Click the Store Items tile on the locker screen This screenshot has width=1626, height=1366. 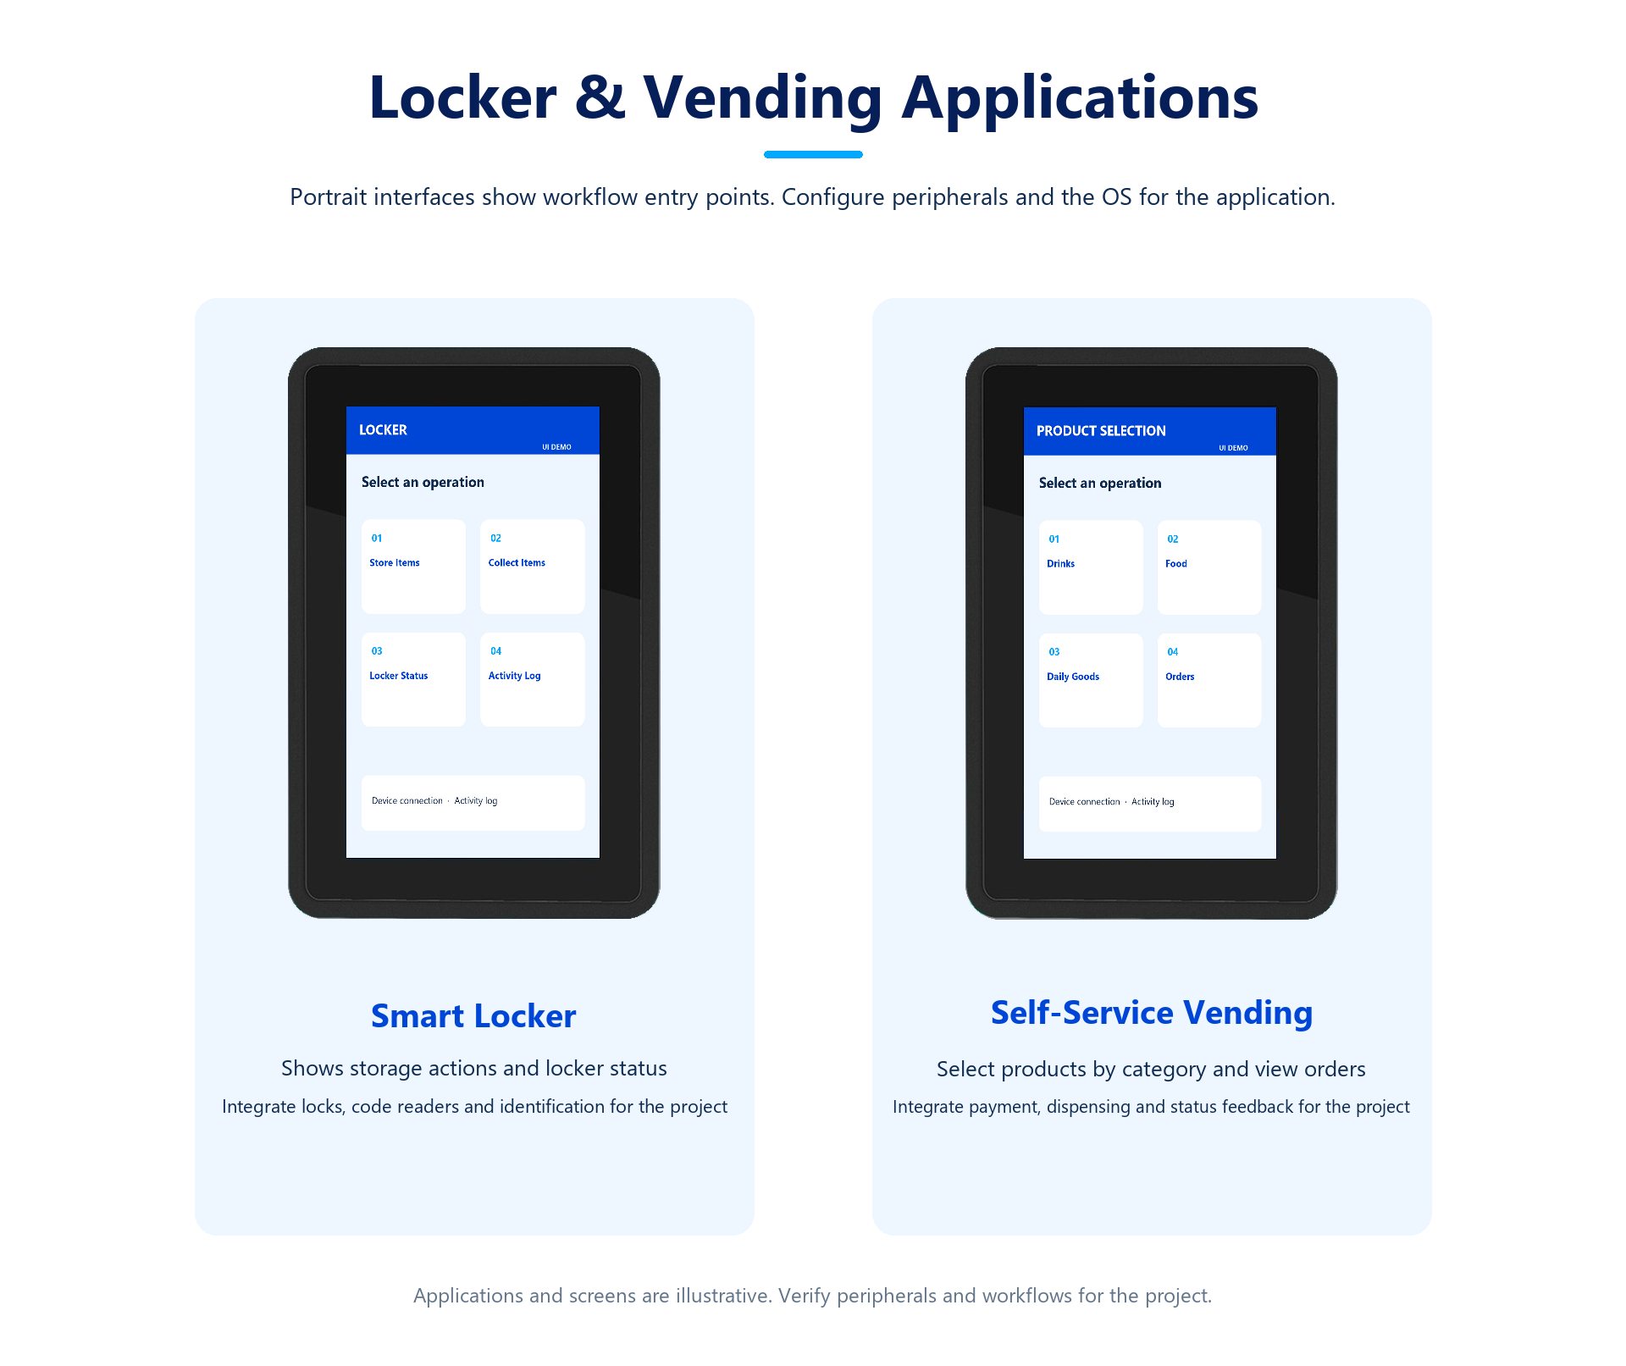coord(413,566)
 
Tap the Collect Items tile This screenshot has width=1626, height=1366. coord(532,566)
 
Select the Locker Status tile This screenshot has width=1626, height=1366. coord(413,679)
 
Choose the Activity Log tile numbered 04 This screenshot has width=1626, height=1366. coord(532,679)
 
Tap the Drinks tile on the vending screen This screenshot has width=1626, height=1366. coord(1091,567)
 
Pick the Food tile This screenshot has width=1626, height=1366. coord(1209,567)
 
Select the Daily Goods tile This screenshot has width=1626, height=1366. coord(1091,680)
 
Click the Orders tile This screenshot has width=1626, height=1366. coord(1209,680)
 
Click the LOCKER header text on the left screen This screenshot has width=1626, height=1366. coord(383,430)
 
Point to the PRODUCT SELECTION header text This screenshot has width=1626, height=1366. coord(1101,431)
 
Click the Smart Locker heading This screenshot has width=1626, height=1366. coord(473,1015)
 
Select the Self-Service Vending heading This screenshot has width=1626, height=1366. coord(1152,1013)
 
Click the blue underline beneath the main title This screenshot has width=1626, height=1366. coord(813,154)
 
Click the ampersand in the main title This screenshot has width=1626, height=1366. coord(600,97)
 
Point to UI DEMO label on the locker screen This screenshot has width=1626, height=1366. coord(556,447)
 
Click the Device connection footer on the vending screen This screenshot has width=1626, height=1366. coord(1084,802)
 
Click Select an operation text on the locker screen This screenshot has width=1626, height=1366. coord(423,482)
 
